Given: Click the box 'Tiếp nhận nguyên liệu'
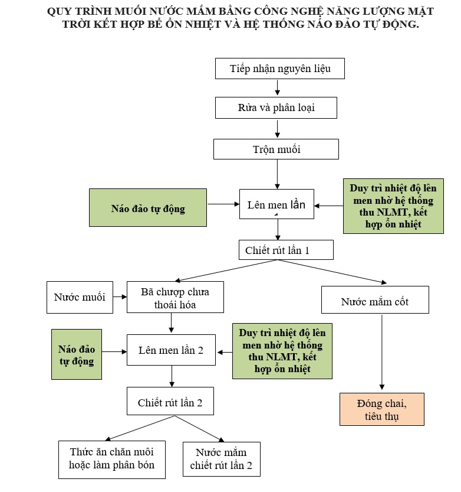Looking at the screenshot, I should (279, 69).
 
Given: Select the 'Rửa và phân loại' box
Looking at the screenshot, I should (276, 108).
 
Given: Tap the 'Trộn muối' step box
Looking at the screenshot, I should (276, 149).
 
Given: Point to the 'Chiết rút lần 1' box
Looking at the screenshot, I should (286, 250).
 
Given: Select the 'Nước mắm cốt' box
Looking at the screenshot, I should (374, 302).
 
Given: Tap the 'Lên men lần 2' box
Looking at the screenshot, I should (171, 350).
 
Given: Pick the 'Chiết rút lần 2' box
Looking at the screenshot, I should (170, 403).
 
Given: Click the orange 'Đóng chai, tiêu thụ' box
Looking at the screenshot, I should (382, 409).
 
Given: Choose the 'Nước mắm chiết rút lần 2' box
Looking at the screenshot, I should (221, 460).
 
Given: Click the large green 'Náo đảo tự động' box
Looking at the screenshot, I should (148, 208).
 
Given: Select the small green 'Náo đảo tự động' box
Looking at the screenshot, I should (77, 354).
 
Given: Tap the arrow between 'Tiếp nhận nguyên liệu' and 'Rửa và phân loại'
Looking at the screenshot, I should (276, 87).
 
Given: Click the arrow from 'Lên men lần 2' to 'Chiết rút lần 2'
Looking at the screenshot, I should (172, 376).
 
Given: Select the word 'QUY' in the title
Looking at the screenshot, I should (58, 12).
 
